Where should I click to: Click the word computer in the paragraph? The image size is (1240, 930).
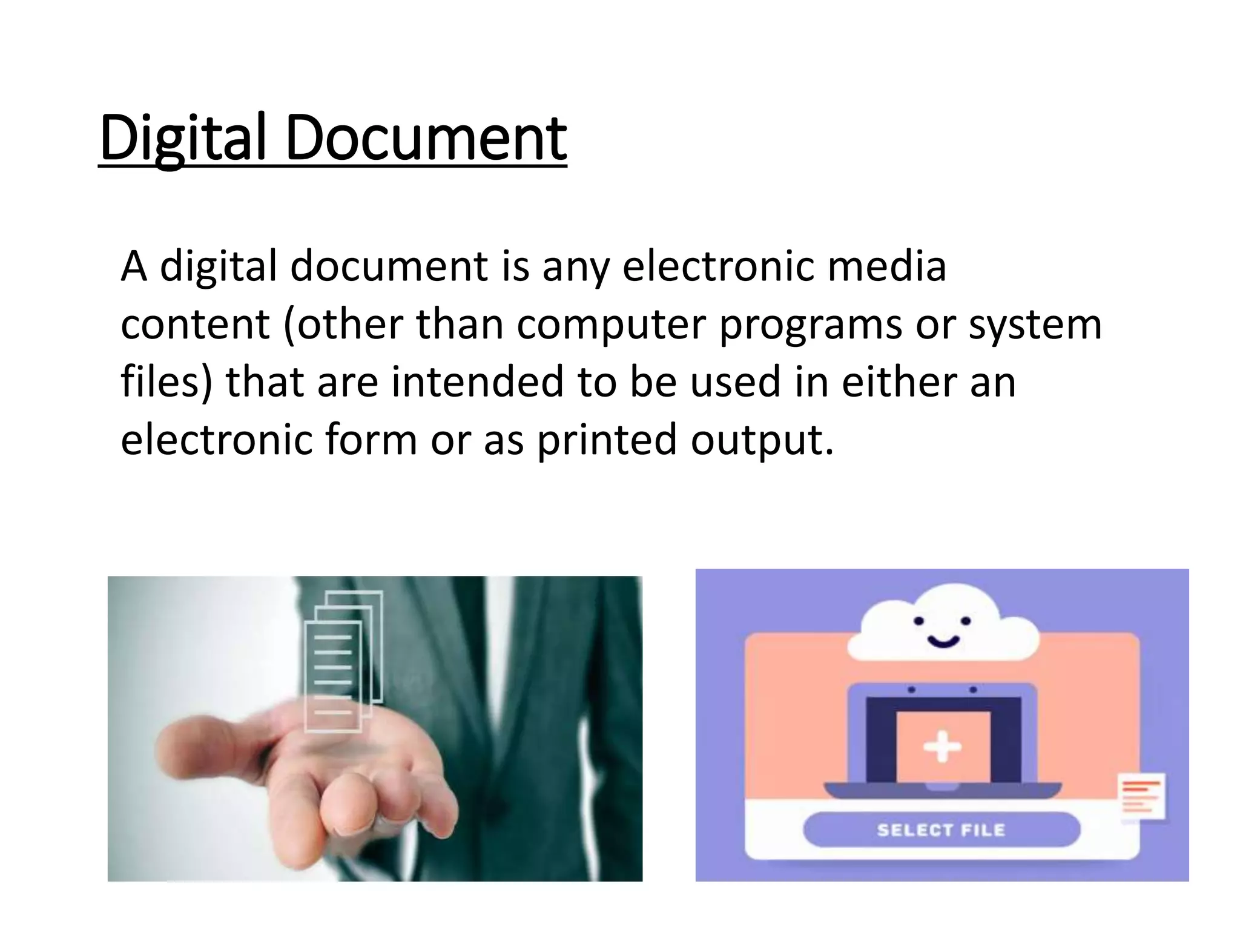point(612,325)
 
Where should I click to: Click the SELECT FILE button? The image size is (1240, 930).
point(941,829)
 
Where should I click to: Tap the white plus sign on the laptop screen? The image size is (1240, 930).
point(942,747)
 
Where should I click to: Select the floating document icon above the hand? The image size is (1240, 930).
point(342,660)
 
